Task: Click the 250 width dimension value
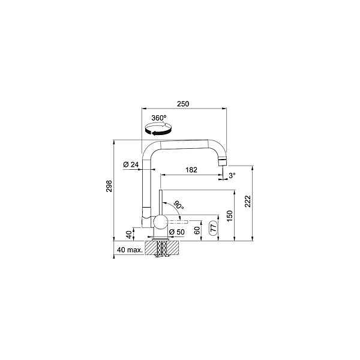tap(183, 104)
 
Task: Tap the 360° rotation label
tap(159, 118)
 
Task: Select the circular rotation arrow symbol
tap(158, 129)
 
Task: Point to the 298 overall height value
tap(109, 186)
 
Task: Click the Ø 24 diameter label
tap(131, 164)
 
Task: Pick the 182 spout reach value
tap(191, 170)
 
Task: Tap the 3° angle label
tap(232, 176)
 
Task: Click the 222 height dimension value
tap(248, 202)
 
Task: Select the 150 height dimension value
tap(230, 216)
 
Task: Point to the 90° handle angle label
tap(179, 205)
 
